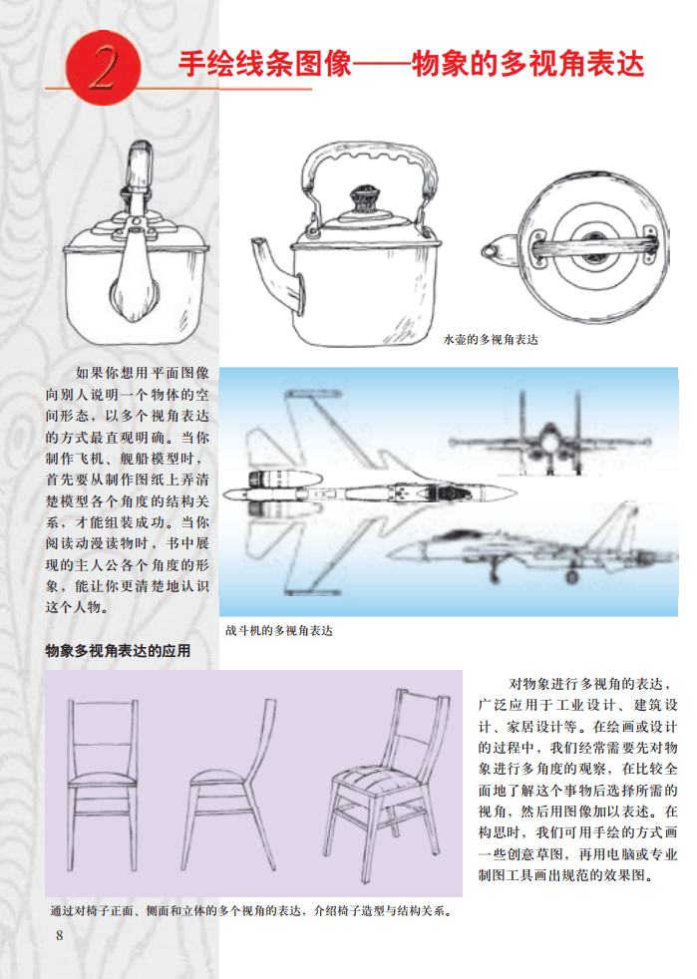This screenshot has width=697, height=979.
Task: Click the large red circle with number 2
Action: click(104, 68)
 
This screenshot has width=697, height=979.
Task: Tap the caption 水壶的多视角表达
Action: click(491, 340)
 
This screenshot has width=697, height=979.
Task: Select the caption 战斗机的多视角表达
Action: click(279, 631)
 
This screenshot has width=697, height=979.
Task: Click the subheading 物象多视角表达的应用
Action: click(118, 651)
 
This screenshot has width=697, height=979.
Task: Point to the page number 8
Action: click(60, 935)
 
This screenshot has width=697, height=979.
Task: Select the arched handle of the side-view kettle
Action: click(369, 151)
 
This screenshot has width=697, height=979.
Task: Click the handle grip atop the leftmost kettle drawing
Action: click(140, 163)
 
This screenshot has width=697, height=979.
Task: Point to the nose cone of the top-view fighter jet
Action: click(500, 493)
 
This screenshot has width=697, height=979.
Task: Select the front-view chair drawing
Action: click(103, 785)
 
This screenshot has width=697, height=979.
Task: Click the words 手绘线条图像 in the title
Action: click(265, 65)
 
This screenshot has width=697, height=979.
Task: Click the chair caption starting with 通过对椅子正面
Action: click(251, 911)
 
